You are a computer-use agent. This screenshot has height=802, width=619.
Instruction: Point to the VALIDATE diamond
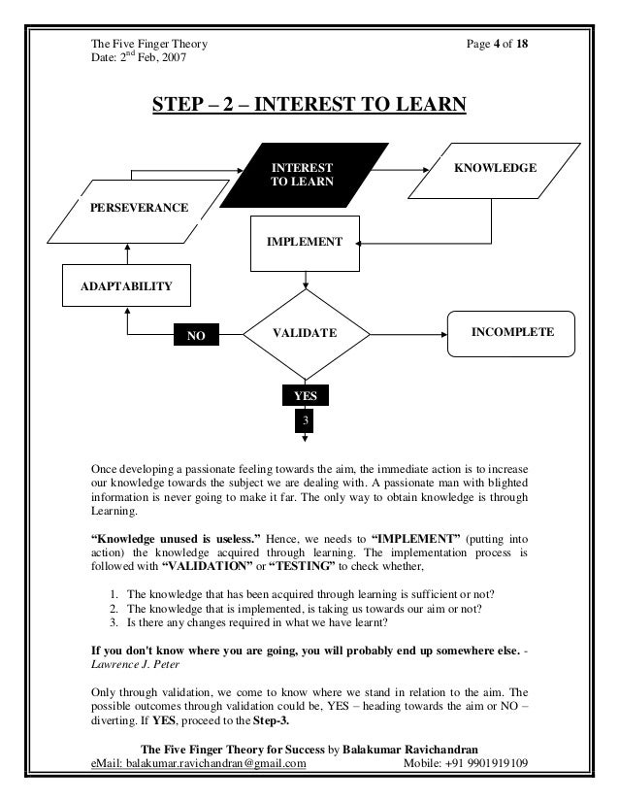click(306, 333)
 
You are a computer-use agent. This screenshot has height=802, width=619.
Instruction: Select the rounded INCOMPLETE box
click(512, 332)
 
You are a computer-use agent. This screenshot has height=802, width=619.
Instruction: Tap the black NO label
click(196, 335)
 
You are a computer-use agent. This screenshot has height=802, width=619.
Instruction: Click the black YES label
click(306, 395)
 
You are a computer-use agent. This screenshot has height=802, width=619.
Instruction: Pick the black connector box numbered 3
click(306, 421)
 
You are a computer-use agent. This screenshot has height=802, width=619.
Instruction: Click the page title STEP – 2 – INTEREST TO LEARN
click(309, 104)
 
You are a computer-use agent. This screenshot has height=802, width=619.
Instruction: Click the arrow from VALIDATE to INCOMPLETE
click(407, 332)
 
